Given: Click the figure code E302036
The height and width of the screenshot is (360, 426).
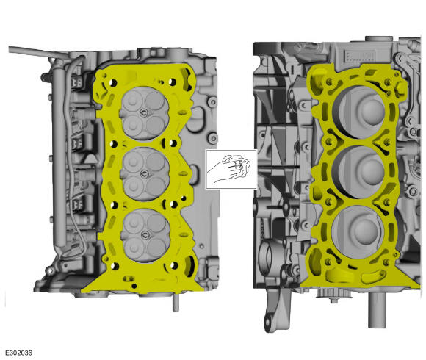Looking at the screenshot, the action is pyautogui.click(x=19, y=353).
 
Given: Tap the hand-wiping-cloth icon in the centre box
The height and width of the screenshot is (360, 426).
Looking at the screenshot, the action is pyautogui.click(x=231, y=169).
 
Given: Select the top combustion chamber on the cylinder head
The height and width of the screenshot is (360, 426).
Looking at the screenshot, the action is pyautogui.click(x=145, y=113).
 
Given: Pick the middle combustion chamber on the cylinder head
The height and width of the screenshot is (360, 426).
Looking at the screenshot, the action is pyautogui.click(x=145, y=174).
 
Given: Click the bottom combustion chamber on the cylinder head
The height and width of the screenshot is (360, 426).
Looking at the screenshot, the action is pyautogui.click(x=145, y=236).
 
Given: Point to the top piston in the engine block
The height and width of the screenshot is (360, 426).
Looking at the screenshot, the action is pyautogui.click(x=359, y=112).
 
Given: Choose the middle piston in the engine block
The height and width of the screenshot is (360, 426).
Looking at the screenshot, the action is pyautogui.click(x=359, y=172).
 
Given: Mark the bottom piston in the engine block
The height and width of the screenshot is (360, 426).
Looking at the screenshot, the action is pyautogui.click(x=359, y=232).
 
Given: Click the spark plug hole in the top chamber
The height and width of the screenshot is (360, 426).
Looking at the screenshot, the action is pyautogui.click(x=144, y=112).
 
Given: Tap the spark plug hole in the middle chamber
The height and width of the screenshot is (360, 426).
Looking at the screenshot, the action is pyautogui.click(x=144, y=173).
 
